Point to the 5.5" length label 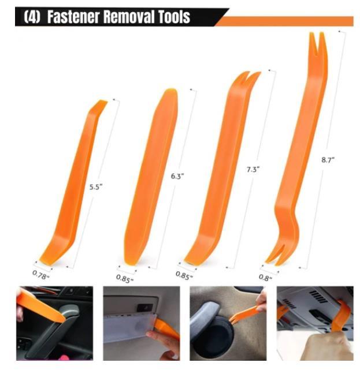(x=95, y=186)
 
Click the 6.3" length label (x=177, y=177)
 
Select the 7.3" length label (x=253, y=169)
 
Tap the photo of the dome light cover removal (x=142, y=323)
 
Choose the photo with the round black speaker (x=228, y=323)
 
